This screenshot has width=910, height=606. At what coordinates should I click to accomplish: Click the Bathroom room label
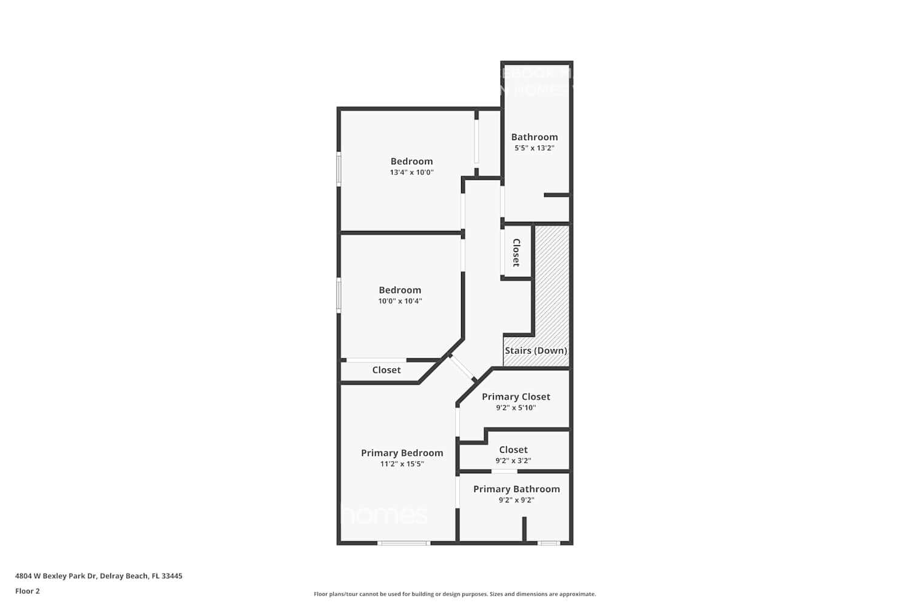[534, 137]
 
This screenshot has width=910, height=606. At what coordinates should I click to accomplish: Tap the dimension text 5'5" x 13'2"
[534, 148]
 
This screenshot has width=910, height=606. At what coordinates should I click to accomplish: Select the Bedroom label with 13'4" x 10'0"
[411, 161]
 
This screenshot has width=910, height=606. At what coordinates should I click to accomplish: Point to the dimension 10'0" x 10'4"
[400, 301]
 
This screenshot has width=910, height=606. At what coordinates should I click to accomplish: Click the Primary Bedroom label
[402, 453]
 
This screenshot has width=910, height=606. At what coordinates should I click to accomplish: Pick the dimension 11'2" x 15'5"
[402, 464]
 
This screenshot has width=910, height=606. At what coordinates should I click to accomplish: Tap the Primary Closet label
[516, 397]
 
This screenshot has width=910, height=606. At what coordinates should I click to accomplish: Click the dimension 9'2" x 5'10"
[516, 408]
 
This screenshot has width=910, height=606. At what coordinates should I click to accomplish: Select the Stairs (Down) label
[536, 350]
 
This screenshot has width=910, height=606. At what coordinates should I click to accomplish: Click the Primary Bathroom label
[516, 489]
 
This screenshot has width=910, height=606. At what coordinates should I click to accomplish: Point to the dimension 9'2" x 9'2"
[516, 500]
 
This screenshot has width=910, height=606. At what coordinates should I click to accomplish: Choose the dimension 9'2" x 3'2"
[513, 461]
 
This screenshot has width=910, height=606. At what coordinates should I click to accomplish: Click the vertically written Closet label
[516, 253]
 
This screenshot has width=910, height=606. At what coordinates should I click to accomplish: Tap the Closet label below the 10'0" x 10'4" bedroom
[386, 370]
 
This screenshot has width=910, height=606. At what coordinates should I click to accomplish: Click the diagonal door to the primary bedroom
[463, 368]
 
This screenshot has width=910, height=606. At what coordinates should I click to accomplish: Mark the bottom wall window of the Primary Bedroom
[403, 543]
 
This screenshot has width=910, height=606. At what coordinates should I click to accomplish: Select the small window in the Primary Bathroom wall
[549, 543]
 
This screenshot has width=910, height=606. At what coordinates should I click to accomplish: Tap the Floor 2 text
[27, 591]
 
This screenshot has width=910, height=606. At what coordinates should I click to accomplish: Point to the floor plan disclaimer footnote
[454, 594]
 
